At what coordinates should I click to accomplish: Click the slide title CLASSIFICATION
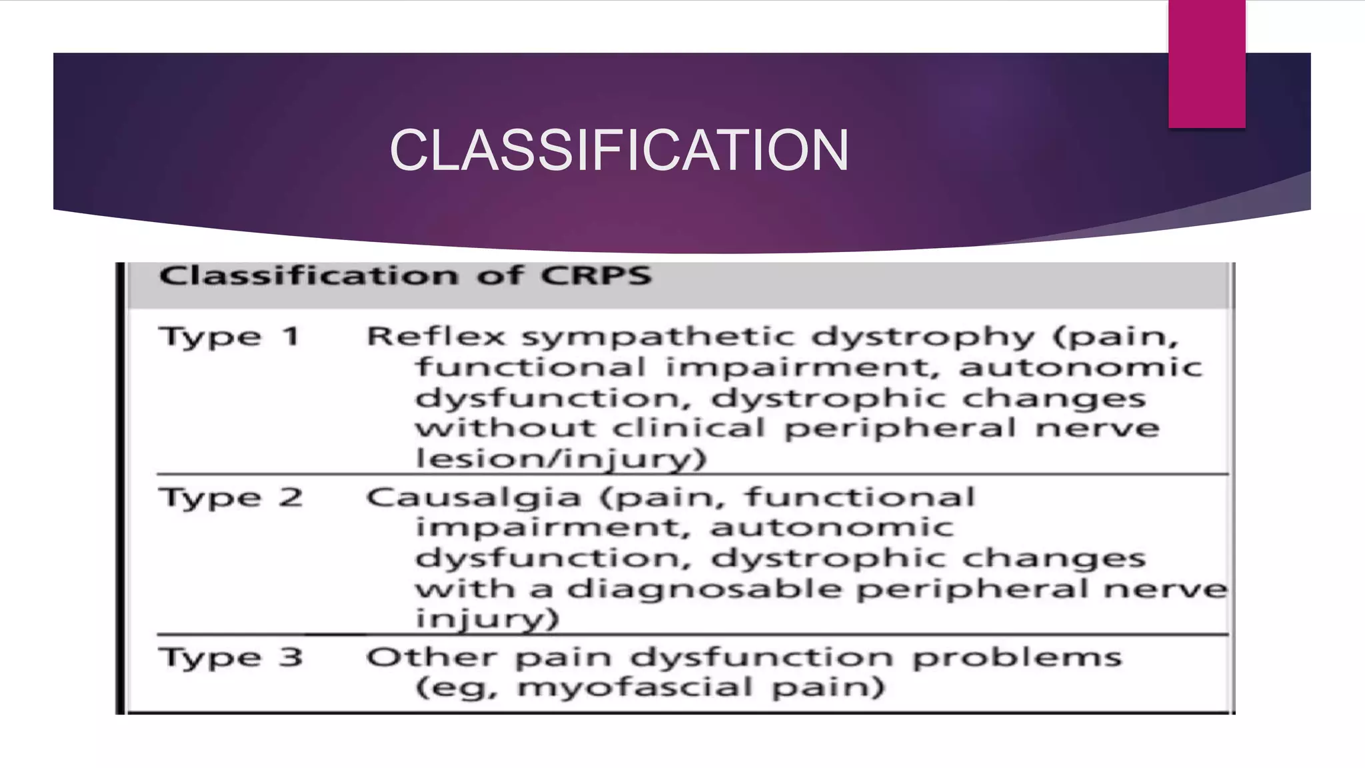click(619, 151)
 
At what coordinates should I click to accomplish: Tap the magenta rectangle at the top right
click(1206, 63)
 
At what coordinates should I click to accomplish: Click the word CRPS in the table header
click(595, 276)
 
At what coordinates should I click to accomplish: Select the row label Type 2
click(231, 498)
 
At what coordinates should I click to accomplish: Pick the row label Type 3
click(231, 658)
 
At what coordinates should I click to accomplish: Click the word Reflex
click(437, 337)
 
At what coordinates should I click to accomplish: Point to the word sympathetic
click(658, 337)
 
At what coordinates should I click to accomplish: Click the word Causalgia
click(474, 498)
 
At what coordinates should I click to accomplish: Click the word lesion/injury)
click(560, 459)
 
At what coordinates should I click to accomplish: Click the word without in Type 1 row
click(505, 428)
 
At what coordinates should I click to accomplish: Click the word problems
click(1017, 658)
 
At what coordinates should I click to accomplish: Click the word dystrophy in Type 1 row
click(923, 337)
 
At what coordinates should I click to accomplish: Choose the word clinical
click(689, 428)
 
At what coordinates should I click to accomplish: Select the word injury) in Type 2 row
click(487, 619)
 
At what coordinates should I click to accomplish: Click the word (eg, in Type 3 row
click(457, 687)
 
